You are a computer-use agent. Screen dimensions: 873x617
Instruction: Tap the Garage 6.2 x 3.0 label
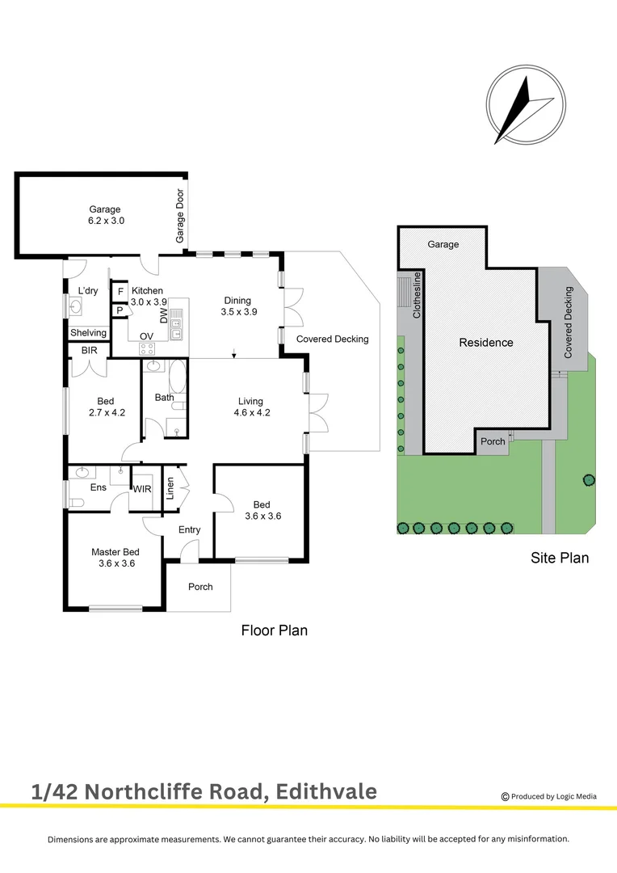tap(105, 215)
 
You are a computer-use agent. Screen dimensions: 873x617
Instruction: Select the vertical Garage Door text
tap(180, 217)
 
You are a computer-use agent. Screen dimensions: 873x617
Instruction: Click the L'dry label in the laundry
tap(87, 291)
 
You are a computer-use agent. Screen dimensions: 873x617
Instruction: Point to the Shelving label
tap(88, 333)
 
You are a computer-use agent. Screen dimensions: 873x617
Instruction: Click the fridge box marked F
tap(120, 292)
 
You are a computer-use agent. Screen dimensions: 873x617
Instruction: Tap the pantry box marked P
tap(120, 310)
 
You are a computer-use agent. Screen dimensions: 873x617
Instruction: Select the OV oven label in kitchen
tap(146, 336)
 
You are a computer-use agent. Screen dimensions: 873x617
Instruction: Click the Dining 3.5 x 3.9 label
tap(238, 306)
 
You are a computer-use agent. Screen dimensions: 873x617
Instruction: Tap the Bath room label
tap(164, 397)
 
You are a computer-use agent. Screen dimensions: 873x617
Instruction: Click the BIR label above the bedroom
tap(89, 350)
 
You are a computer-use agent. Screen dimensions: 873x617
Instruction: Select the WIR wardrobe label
tap(142, 489)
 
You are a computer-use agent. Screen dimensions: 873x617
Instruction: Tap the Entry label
tap(189, 529)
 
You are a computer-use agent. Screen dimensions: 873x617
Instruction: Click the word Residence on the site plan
tap(486, 342)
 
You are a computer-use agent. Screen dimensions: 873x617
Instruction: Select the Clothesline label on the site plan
tap(418, 297)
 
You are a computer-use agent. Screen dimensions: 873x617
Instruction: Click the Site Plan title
tap(560, 557)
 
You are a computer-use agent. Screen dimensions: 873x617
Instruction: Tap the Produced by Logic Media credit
tap(549, 796)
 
